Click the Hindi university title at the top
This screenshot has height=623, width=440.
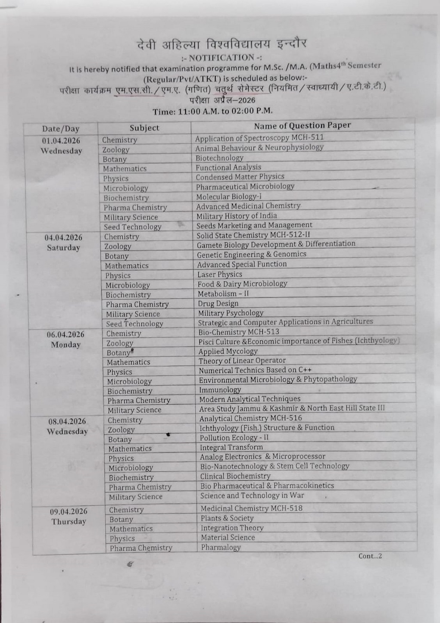(x=222, y=44)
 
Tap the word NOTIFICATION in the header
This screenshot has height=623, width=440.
(x=221, y=57)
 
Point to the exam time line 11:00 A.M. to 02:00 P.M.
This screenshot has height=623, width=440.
(x=213, y=111)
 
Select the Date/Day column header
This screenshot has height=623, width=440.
(x=61, y=129)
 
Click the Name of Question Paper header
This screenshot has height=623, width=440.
(x=302, y=126)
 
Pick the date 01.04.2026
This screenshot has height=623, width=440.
(x=61, y=141)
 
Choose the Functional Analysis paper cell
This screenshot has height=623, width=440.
(x=228, y=167)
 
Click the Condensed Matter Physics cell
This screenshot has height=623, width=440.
(x=240, y=177)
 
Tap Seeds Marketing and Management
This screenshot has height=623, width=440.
(x=254, y=225)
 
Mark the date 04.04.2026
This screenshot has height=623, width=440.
(x=63, y=238)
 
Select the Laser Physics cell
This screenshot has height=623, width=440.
(x=220, y=274)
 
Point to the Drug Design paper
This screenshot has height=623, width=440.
(x=218, y=303)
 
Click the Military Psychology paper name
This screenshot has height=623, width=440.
(x=230, y=313)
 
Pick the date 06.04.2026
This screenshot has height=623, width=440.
(x=65, y=335)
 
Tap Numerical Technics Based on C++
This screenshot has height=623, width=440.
(x=255, y=370)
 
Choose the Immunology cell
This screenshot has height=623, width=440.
(x=220, y=390)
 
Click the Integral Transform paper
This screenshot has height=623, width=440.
(x=231, y=447)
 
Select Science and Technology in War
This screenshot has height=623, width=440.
(x=252, y=496)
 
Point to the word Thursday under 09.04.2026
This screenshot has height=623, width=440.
(x=69, y=522)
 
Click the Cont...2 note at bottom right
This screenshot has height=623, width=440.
(x=370, y=556)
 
